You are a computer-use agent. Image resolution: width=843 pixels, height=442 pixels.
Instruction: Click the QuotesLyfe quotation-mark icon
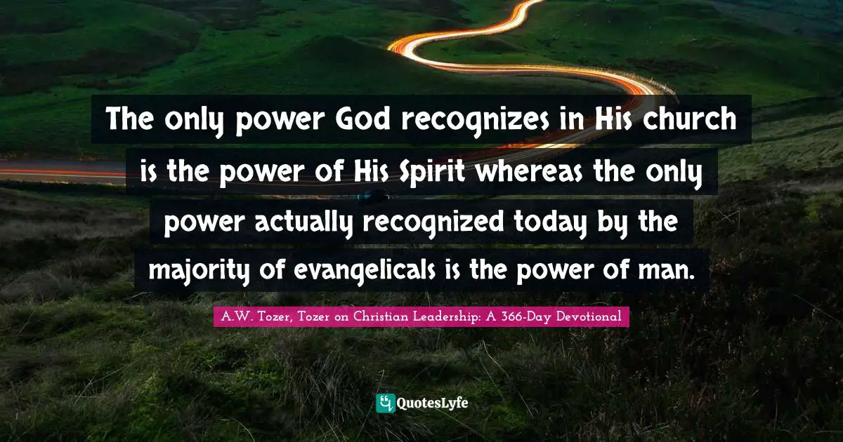coord(386,403)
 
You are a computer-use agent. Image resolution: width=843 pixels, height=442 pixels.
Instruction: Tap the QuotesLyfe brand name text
coord(433,403)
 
